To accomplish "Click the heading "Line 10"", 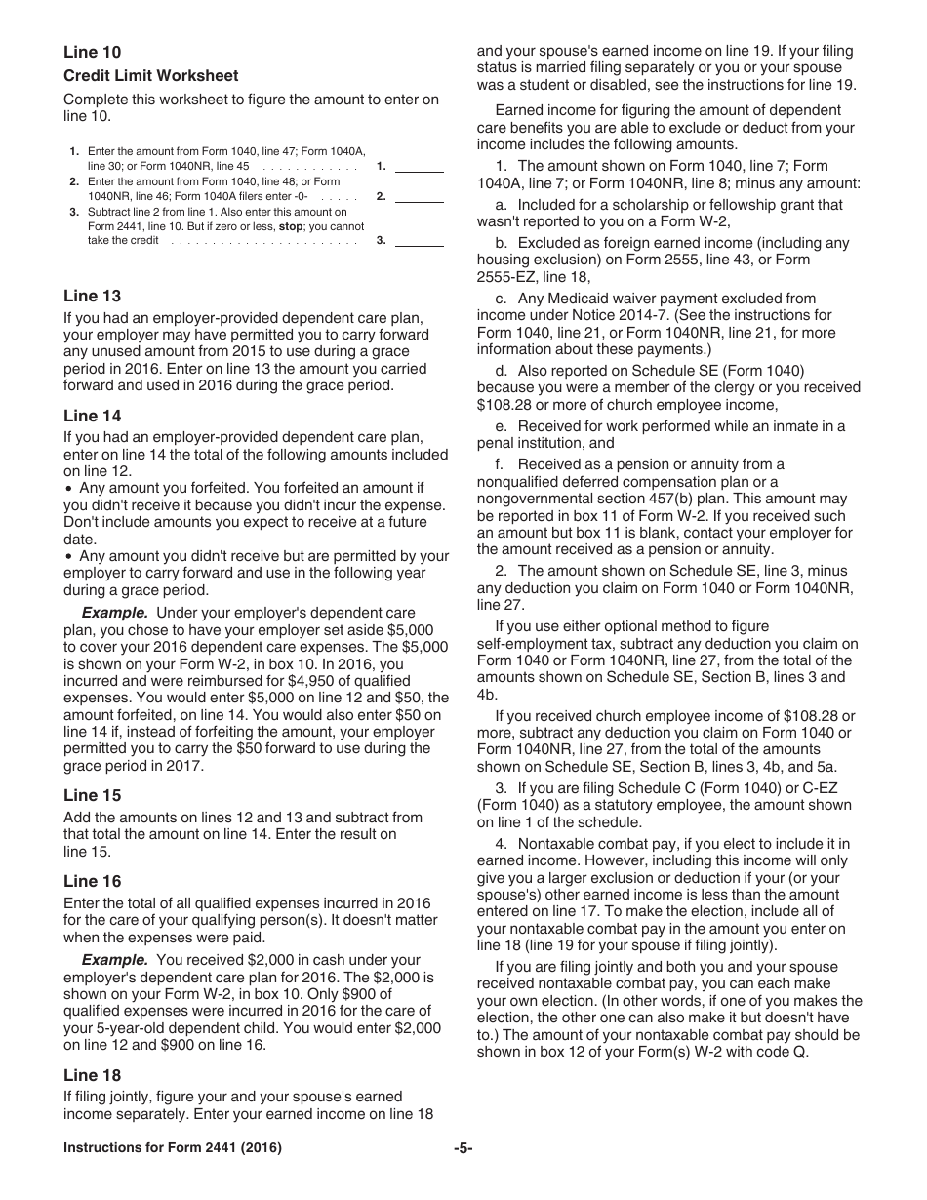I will pyautogui.click(x=93, y=53).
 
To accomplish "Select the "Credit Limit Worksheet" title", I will pyautogui.click(x=150, y=76).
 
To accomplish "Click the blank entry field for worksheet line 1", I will pyautogui.click(x=420, y=166).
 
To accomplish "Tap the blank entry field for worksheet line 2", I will pyautogui.click(x=420, y=196).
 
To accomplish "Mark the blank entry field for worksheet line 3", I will pyautogui.click(x=420, y=240).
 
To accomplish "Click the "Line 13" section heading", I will pyautogui.click(x=93, y=297).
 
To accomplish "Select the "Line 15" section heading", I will pyautogui.click(x=93, y=796).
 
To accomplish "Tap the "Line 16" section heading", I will pyautogui.click(x=93, y=882).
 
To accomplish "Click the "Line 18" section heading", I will pyautogui.click(x=93, y=1076).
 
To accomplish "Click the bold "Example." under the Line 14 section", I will pyautogui.click(x=115, y=613).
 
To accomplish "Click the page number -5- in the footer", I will pyautogui.click(x=463, y=1148).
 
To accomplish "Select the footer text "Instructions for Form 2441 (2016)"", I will pyautogui.click(x=173, y=1148).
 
